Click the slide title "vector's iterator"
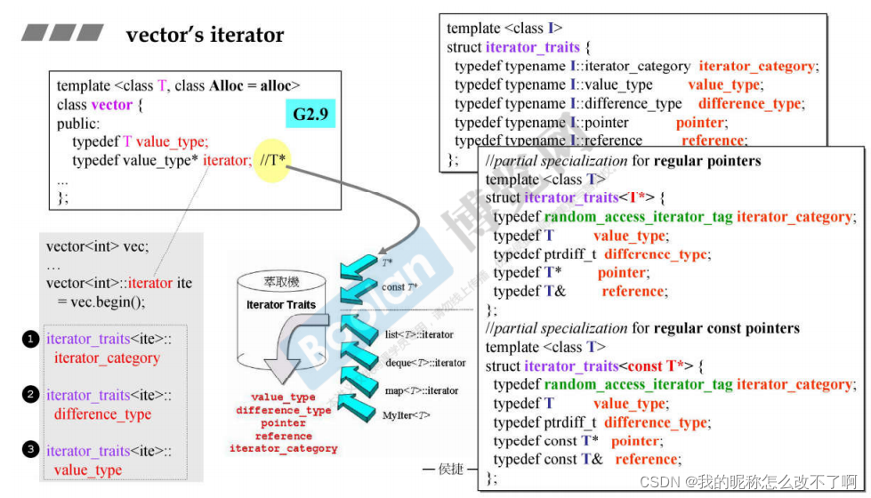(205, 36)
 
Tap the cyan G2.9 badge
(309, 114)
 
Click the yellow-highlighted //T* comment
(279, 160)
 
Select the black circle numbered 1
(30, 339)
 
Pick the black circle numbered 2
(30, 394)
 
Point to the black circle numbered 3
(30, 450)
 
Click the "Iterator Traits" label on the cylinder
(281, 304)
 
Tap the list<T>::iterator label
(420, 334)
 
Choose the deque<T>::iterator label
(425, 363)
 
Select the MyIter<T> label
(407, 416)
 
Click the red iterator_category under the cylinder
(284, 449)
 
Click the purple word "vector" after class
(111, 105)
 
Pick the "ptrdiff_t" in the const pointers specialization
(569, 422)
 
